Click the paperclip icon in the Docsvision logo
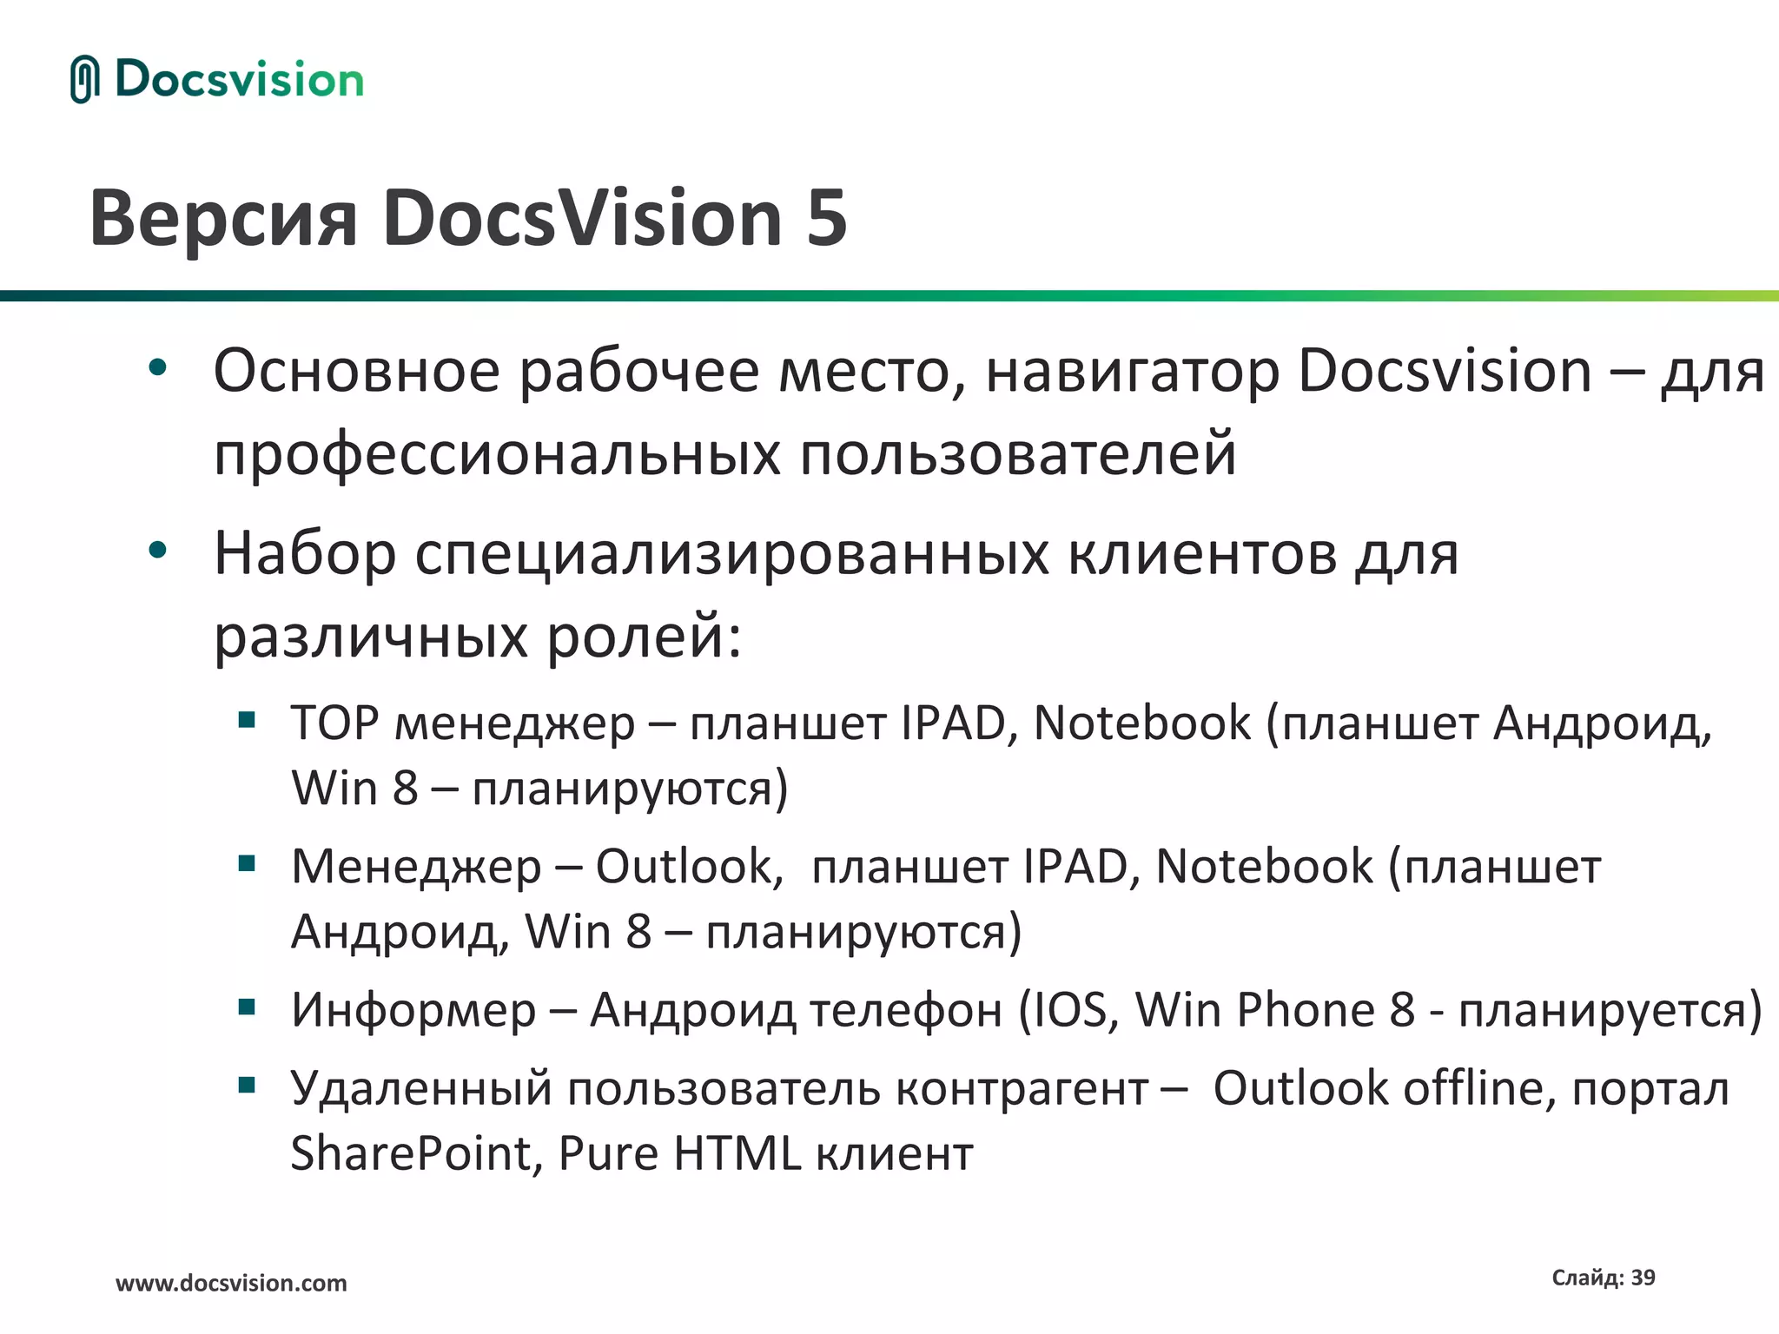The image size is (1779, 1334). click(84, 79)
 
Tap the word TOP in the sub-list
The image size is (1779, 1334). click(334, 723)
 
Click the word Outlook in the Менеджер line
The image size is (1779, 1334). click(683, 866)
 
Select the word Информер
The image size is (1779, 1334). click(413, 1009)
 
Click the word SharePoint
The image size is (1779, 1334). click(410, 1153)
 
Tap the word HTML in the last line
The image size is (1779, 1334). click(737, 1153)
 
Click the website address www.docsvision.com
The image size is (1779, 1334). click(231, 1283)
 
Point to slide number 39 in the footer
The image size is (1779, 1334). click(1643, 1278)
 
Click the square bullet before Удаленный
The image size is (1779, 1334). click(247, 1084)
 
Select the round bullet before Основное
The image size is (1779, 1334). click(157, 367)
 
